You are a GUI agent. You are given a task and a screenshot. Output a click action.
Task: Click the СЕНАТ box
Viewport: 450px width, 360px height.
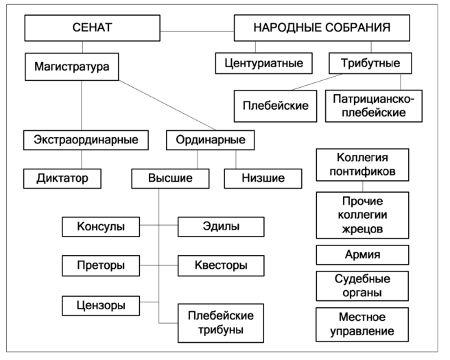91,28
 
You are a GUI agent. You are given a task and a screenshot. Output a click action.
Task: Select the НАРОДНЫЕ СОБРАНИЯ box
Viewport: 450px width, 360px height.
322,28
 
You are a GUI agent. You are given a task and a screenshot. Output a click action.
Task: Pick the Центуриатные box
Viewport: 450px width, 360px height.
263,64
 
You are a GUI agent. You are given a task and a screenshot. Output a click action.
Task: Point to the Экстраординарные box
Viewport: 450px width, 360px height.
86,140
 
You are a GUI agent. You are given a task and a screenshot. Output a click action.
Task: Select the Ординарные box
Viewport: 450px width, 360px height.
211,140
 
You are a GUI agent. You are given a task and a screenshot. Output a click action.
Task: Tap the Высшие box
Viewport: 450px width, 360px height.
171,178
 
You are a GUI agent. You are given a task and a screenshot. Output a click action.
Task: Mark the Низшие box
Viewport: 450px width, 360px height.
263,178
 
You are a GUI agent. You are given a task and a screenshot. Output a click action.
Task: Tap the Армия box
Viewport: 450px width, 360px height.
362,254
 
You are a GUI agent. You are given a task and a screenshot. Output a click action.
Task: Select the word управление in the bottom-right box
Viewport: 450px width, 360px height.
362,332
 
